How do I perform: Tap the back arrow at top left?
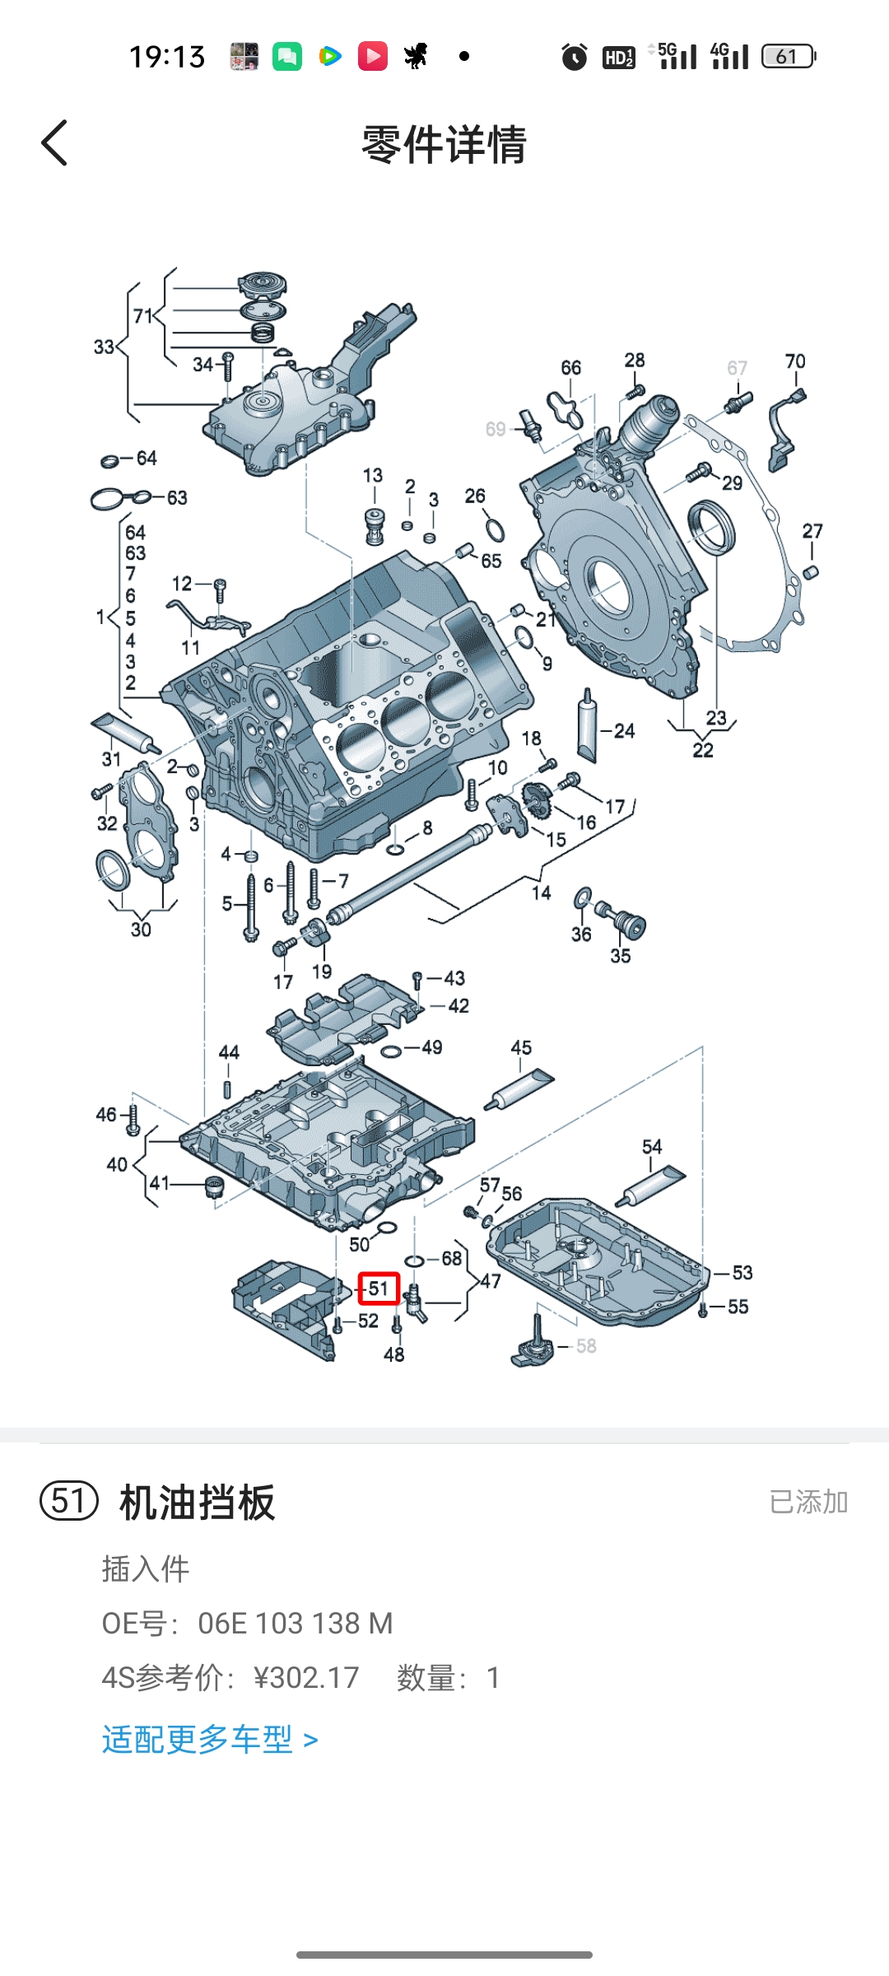click(54, 143)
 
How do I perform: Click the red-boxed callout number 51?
click(379, 1289)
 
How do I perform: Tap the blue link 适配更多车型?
click(210, 1740)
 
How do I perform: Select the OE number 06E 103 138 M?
click(295, 1623)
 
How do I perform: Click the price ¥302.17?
click(306, 1677)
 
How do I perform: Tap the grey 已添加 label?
click(808, 1502)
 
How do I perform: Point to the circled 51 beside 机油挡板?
click(69, 1501)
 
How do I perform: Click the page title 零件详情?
click(444, 144)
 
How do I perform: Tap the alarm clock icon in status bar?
click(575, 57)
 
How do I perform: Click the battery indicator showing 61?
click(788, 56)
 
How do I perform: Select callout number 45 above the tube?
click(521, 1047)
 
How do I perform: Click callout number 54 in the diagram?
click(652, 1147)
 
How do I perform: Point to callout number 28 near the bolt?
click(635, 360)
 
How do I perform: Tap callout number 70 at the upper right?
click(795, 361)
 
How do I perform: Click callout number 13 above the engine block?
click(373, 475)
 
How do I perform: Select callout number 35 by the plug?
click(621, 956)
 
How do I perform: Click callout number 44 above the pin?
click(229, 1052)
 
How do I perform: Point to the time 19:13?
click(167, 57)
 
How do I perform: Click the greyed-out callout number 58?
click(586, 1346)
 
